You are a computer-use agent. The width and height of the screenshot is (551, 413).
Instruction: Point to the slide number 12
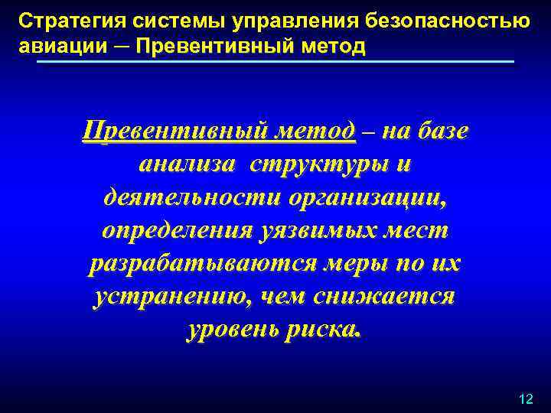(x=525, y=399)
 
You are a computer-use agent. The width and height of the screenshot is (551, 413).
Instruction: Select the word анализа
(x=183, y=164)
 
